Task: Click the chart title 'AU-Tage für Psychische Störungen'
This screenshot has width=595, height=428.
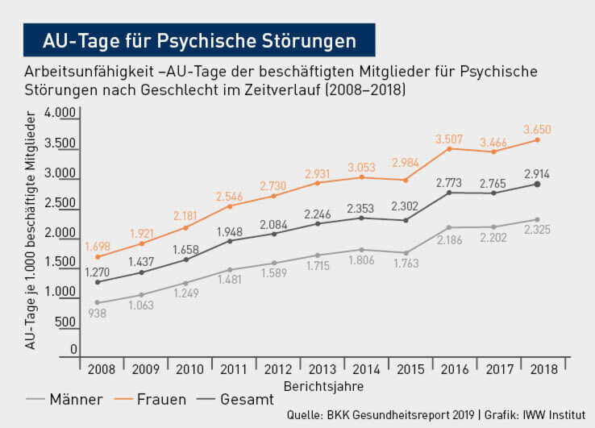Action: (199, 39)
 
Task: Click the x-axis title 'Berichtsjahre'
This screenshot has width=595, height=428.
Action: (322, 386)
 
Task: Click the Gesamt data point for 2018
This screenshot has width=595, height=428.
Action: (537, 185)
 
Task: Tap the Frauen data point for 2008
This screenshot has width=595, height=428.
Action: (98, 257)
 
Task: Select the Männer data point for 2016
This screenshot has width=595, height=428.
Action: (449, 228)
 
